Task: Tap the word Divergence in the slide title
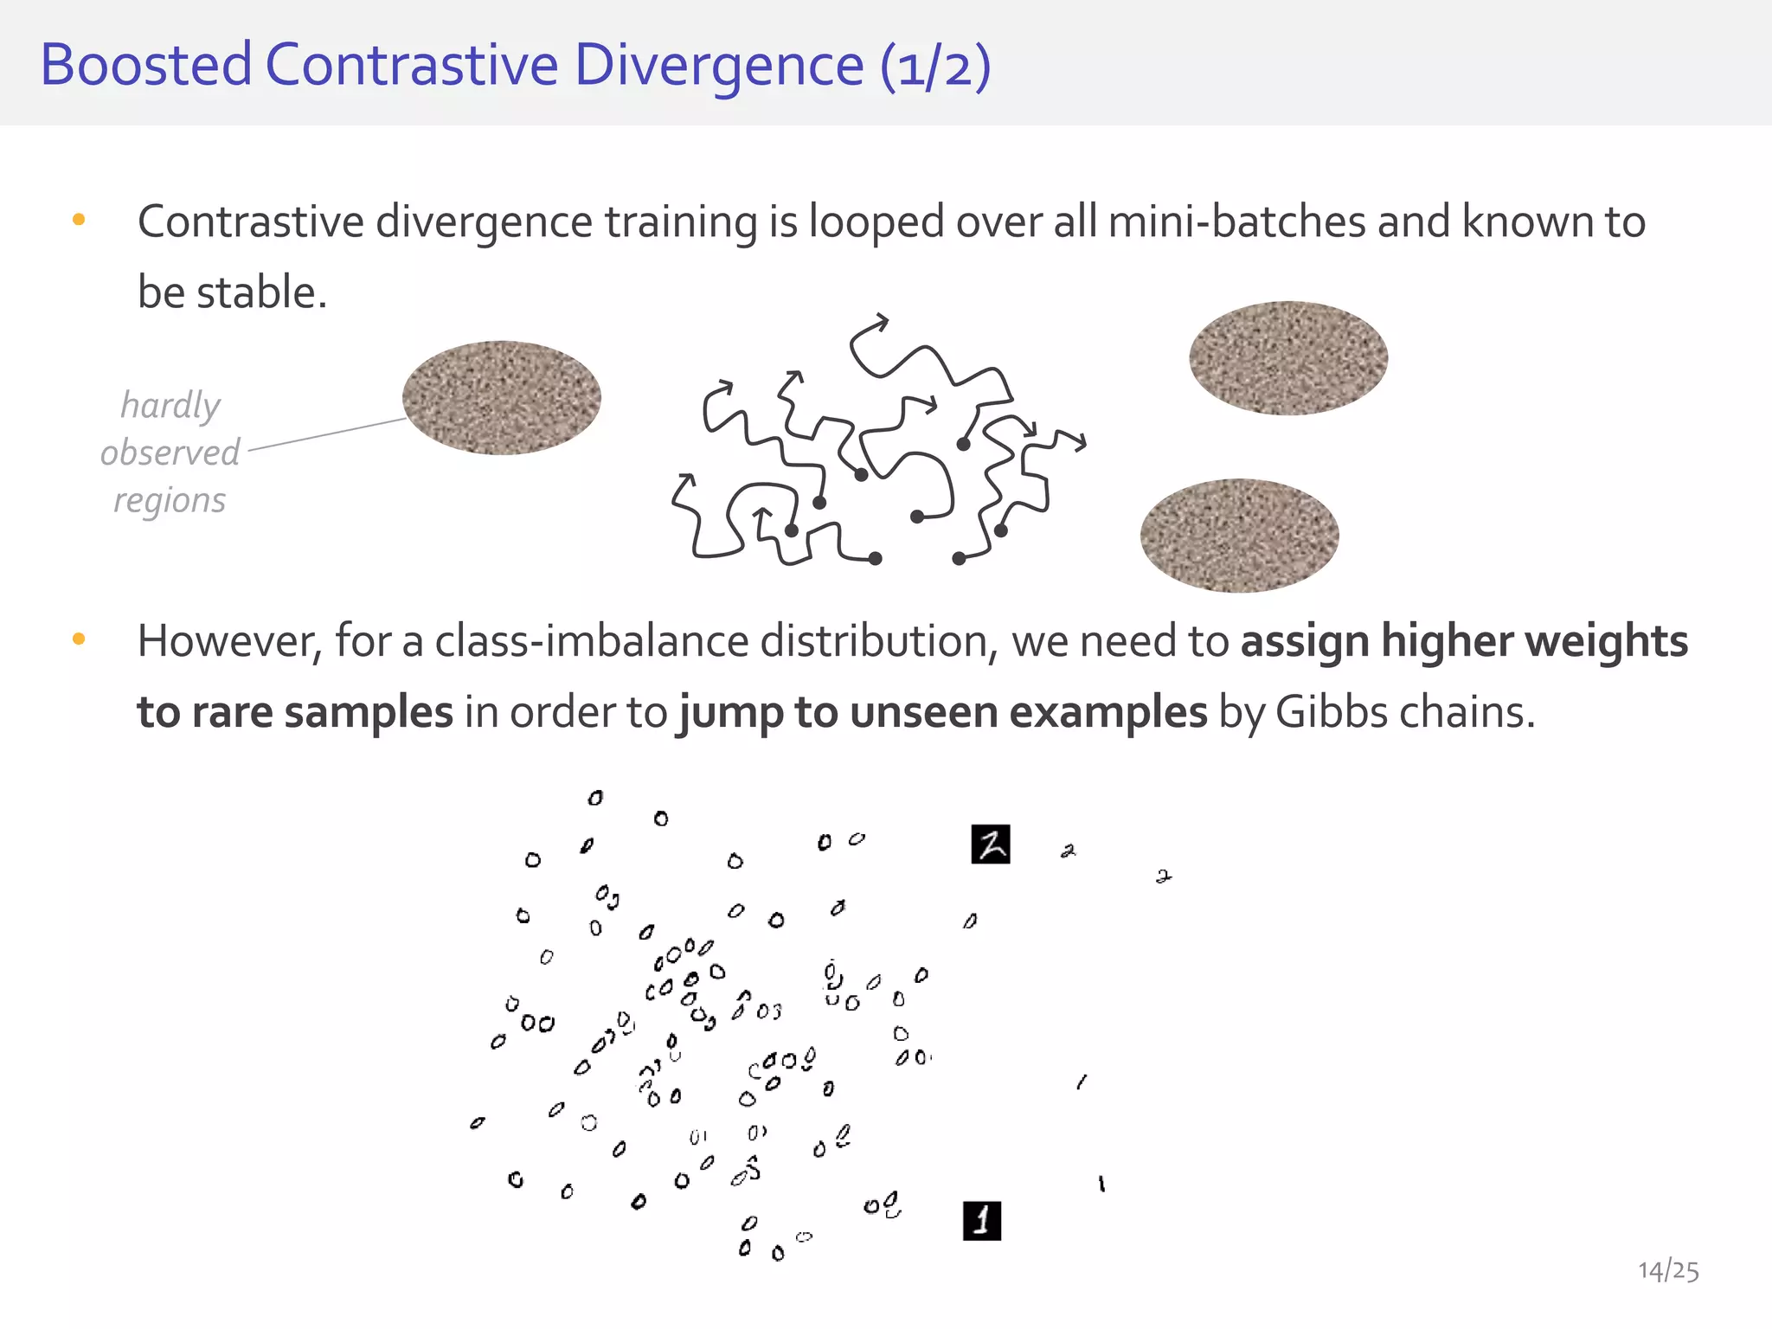click(719, 67)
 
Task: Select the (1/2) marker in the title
click(935, 67)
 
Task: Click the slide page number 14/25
click(1667, 1270)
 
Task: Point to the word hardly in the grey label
click(170, 405)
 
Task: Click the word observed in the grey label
click(170, 453)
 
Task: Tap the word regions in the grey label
click(170, 500)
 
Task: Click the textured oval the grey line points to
click(502, 398)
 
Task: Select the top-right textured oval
click(1288, 357)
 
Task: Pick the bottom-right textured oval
click(1239, 536)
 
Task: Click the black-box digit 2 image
click(991, 844)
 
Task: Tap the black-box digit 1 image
click(982, 1221)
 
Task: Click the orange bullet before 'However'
click(79, 639)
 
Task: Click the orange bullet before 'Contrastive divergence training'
click(79, 220)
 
